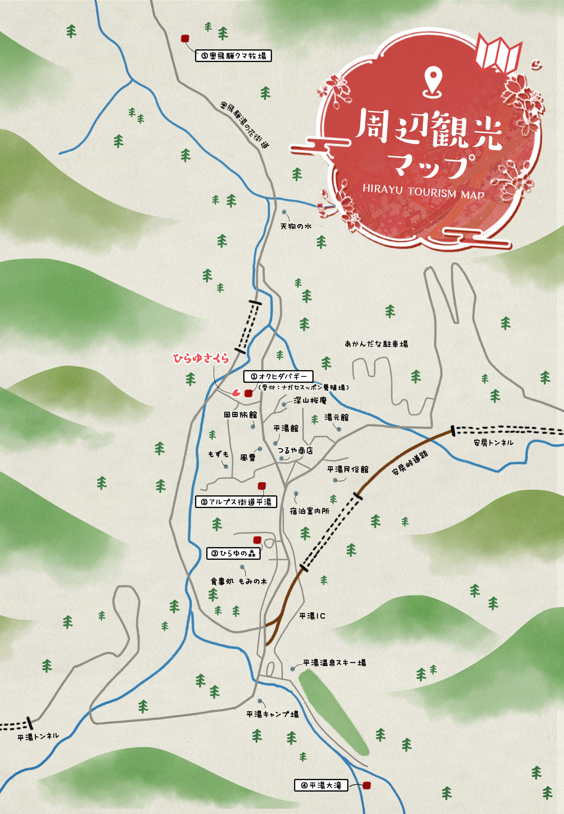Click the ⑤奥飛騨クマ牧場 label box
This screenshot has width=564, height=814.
233,56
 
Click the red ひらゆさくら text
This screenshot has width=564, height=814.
201,358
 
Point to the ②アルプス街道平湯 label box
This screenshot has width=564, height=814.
236,502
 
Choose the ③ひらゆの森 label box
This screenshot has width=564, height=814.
233,554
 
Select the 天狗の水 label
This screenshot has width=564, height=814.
296,226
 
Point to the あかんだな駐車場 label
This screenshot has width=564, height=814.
376,343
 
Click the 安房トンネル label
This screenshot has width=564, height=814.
493,442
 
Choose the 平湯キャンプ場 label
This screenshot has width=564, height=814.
272,714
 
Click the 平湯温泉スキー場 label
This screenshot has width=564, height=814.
334,663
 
